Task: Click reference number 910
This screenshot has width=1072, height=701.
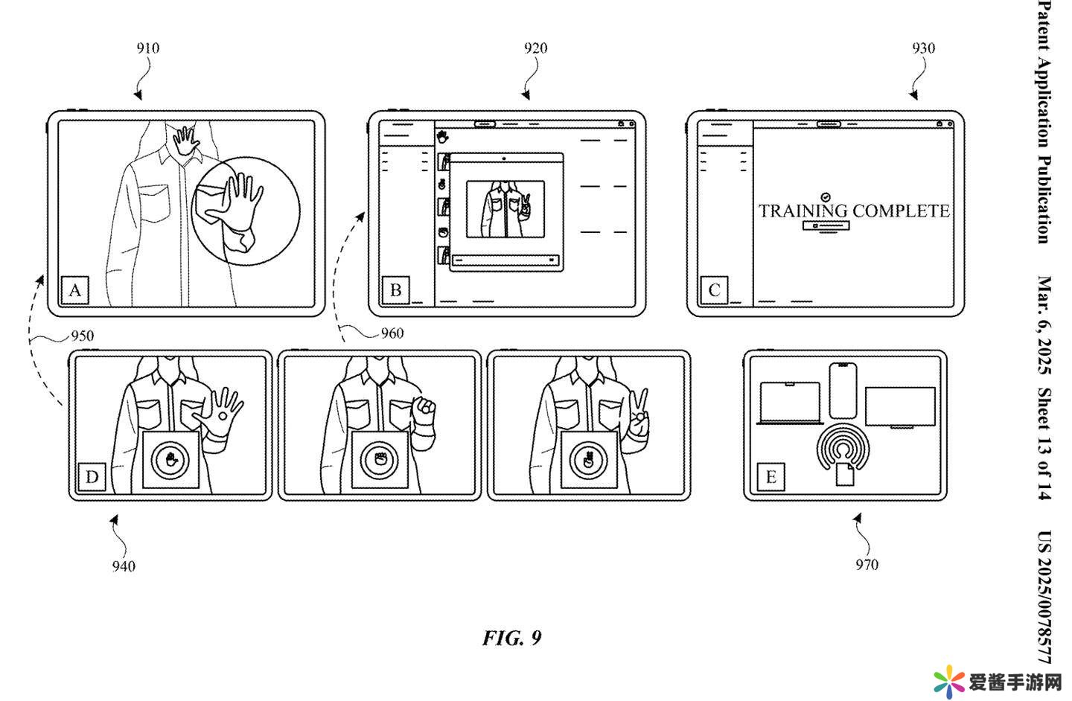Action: point(147,48)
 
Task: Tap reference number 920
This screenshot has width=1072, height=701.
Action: point(535,48)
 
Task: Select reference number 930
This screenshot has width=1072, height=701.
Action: point(923,48)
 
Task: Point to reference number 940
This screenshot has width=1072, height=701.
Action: point(124,566)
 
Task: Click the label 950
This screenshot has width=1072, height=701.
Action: point(82,336)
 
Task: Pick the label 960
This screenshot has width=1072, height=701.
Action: point(392,333)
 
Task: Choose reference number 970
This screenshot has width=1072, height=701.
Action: point(867,565)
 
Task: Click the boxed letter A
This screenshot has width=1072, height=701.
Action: point(75,289)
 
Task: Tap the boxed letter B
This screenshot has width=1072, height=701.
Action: point(395,289)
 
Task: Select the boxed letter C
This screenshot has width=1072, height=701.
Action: point(715,289)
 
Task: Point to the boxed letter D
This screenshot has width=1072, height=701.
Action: point(92,476)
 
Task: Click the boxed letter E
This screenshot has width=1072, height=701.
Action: point(770,476)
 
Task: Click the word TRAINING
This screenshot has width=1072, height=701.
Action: point(803,211)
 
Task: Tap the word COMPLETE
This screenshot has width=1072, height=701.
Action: point(902,211)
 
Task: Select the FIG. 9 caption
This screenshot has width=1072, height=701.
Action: point(512,638)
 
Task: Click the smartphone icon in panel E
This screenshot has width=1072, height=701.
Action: point(842,390)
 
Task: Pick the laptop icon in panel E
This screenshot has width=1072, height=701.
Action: point(789,403)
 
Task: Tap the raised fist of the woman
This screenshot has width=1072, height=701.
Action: point(424,408)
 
